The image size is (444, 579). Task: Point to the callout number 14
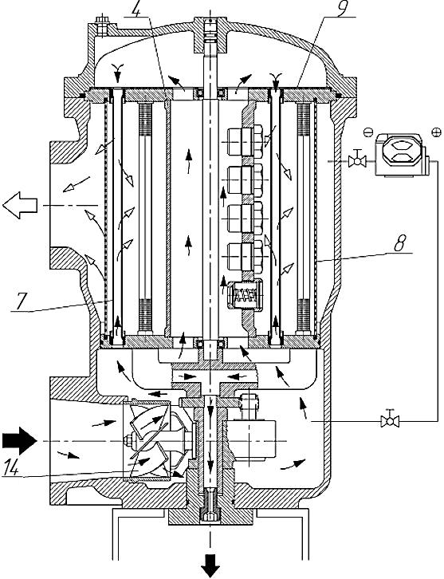(x=12, y=469)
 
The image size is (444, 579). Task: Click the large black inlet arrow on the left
(x=19, y=441)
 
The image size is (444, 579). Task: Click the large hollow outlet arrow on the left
(x=20, y=205)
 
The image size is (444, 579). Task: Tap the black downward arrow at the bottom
(x=210, y=567)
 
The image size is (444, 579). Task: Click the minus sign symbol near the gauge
(x=366, y=132)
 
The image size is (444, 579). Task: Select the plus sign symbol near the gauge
(x=436, y=132)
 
